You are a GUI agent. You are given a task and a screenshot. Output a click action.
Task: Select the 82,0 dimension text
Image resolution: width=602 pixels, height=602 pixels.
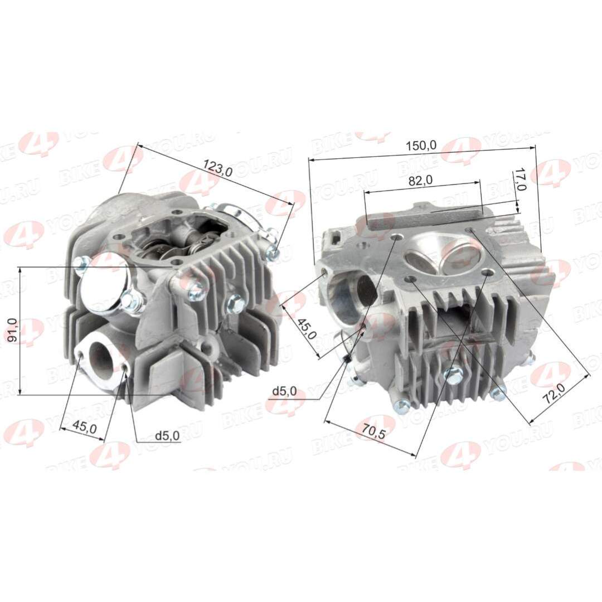(421, 180)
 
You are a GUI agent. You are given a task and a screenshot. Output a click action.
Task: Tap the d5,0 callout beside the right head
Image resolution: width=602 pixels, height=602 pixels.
(284, 391)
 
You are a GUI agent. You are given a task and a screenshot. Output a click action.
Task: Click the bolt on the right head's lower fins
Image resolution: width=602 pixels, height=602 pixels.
(454, 376)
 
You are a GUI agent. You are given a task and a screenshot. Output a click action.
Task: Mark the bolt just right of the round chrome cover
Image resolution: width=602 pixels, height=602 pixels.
(133, 302)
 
